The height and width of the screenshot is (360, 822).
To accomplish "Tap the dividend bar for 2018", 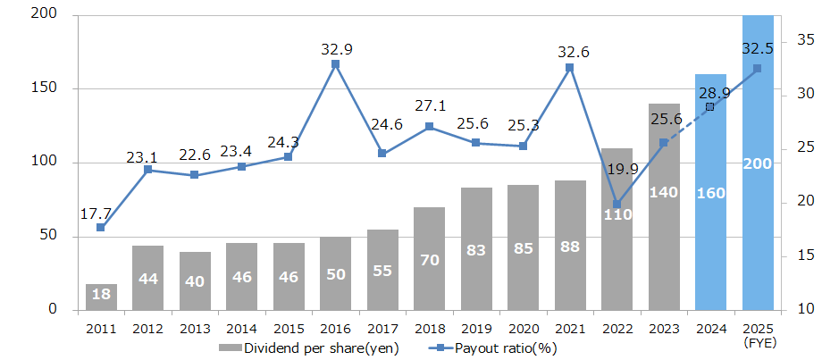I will tap(429, 258).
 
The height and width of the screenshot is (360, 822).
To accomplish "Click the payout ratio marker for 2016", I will tap(335, 64).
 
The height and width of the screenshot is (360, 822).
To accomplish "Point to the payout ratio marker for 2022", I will tap(616, 205).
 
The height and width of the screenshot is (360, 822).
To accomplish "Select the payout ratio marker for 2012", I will tap(147, 170).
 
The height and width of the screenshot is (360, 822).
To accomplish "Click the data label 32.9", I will tap(336, 49).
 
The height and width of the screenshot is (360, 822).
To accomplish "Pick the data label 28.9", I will tap(714, 92).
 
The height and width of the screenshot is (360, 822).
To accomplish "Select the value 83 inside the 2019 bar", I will tap(475, 251).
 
